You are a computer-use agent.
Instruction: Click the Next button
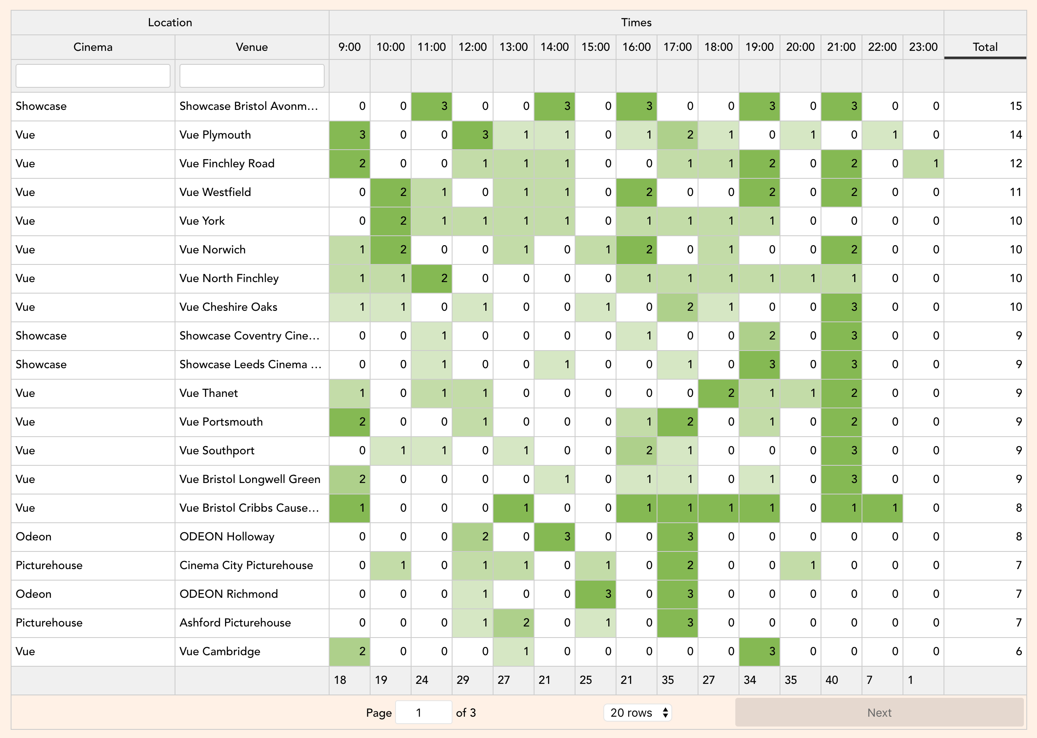pyautogui.click(x=879, y=712)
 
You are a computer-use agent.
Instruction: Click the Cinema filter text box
pyautogui.click(x=93, y=75)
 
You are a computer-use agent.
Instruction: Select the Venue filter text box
pyautogui.click(x=252, y=75)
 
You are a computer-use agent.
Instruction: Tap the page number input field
pyautogui.click(x=423, y=712)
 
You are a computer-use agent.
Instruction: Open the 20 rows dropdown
pyautogui.click(x=637, y=712)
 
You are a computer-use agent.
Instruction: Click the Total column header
pyautogui.click(x=985, y=47)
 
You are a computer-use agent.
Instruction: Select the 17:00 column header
pyautogui.click(x=677, y=47)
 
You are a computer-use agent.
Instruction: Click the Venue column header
pyautogui.click(x=252, y=47)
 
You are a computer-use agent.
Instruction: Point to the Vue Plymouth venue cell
pyautogui.click(x=252, y=135)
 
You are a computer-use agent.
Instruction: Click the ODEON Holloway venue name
pyautogui.click(x=227, y=537)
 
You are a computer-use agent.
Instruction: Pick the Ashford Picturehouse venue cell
pyautogui.click(x=252, y=622)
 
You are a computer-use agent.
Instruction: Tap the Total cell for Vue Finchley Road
pyautogui.click(x=985, y=164)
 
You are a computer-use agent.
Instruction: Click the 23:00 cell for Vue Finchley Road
pyautogui.click(x=923, y=164)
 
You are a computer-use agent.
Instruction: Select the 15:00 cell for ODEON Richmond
pyautogui.click(x=596, y=594)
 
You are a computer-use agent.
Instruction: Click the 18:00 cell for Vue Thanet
pyautogui.click(x=718, y=393)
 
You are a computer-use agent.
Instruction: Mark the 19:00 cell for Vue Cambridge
pyautogui.click(x=760, y=651)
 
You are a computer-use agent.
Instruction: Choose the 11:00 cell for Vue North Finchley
pyautogui.click(x=432, y=278)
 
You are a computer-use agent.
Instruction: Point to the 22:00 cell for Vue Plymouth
pyautogui.click(x=882, y=135)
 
